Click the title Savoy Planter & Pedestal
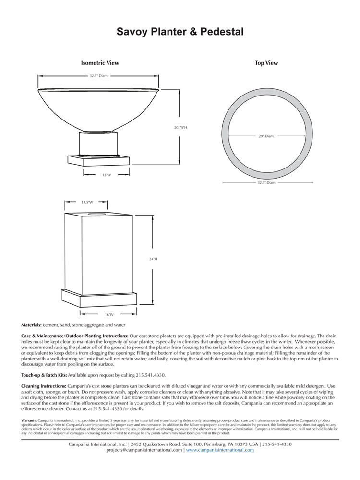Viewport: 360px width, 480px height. (x=180, y=32)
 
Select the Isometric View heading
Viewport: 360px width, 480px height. (x=100, y=63)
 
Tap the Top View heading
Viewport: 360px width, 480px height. (x=266, y=63)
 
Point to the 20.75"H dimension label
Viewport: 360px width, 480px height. (x=180, y=127)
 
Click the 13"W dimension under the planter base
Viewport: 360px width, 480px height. (x=107, y=175)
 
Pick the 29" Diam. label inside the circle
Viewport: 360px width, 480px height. (x=266, y=136)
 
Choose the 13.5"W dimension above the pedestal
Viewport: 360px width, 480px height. (x=87, y=202)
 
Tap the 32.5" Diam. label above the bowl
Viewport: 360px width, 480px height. (x=99, y=76)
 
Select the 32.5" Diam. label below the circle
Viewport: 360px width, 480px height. (x=266, y=182)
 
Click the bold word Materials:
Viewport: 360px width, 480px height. (x=32, y=325)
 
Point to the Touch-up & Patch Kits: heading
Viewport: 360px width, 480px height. (x=44, y=374)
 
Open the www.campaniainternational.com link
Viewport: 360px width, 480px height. (x=220, y=450)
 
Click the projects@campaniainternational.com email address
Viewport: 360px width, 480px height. (x=144, y=450)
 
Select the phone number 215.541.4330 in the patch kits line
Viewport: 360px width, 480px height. (x=150, y=374)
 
